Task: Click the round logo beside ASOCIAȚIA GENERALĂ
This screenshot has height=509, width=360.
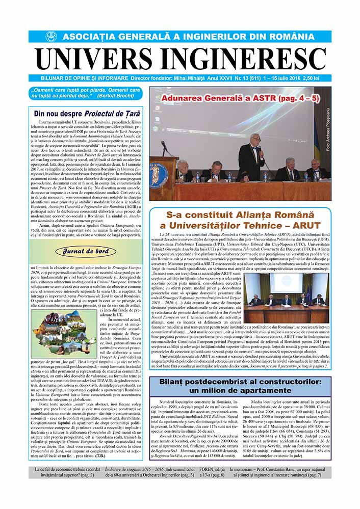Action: click(50, 37)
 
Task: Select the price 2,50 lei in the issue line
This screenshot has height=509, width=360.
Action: click(318, 78)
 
